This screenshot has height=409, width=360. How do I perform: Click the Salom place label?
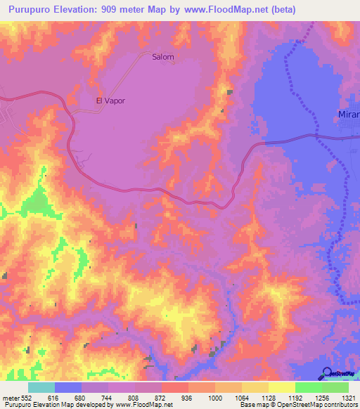click(x=162, y=58)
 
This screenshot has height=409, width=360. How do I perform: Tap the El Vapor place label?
click(x=110, y=100)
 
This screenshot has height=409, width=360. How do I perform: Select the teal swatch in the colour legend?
click(x=41, y=387)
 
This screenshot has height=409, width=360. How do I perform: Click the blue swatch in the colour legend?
click(x=68, y=387)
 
